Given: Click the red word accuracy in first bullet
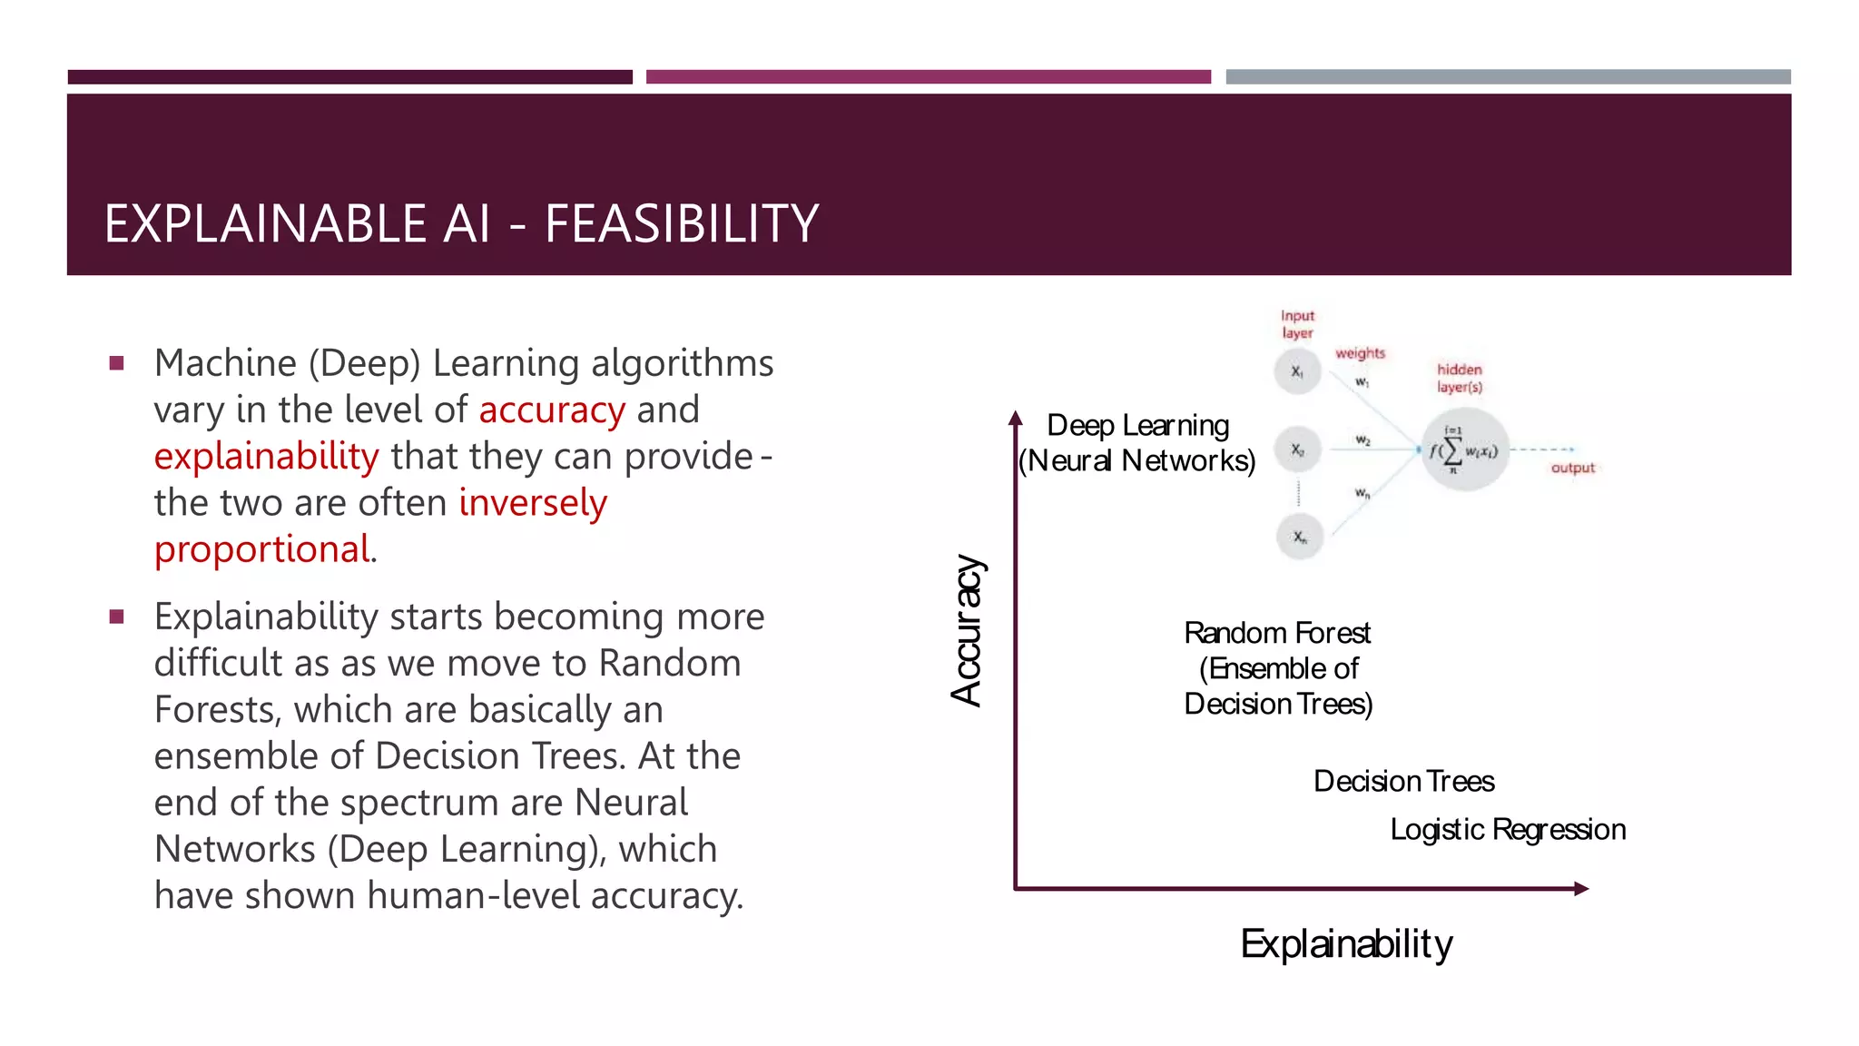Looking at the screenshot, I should click(552, 410).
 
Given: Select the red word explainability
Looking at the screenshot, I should click(266, 457).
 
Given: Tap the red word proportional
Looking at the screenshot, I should click(261, 549).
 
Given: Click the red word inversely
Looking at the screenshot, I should click(533, 503).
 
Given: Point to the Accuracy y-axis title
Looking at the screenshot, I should click(968, 630).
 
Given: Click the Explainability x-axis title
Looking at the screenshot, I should click(1346, 944).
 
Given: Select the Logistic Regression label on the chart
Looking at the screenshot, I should click(1508, 830).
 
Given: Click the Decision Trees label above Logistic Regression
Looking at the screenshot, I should click(1403, 782).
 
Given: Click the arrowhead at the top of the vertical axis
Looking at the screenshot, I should click(1016, 419).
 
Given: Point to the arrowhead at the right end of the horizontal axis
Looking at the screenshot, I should click(1581, 889).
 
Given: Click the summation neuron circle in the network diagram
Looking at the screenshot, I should click(1464, 450).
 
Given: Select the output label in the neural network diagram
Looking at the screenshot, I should click(1572, 469).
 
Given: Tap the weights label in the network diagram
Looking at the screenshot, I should click(1360, 353).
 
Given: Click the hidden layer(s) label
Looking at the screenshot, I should click(1460, 378).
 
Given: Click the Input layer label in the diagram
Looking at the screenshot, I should click(1297, 324).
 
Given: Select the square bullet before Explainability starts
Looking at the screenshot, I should click(116, 617).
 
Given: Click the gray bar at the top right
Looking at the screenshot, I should click(1508, 77).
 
